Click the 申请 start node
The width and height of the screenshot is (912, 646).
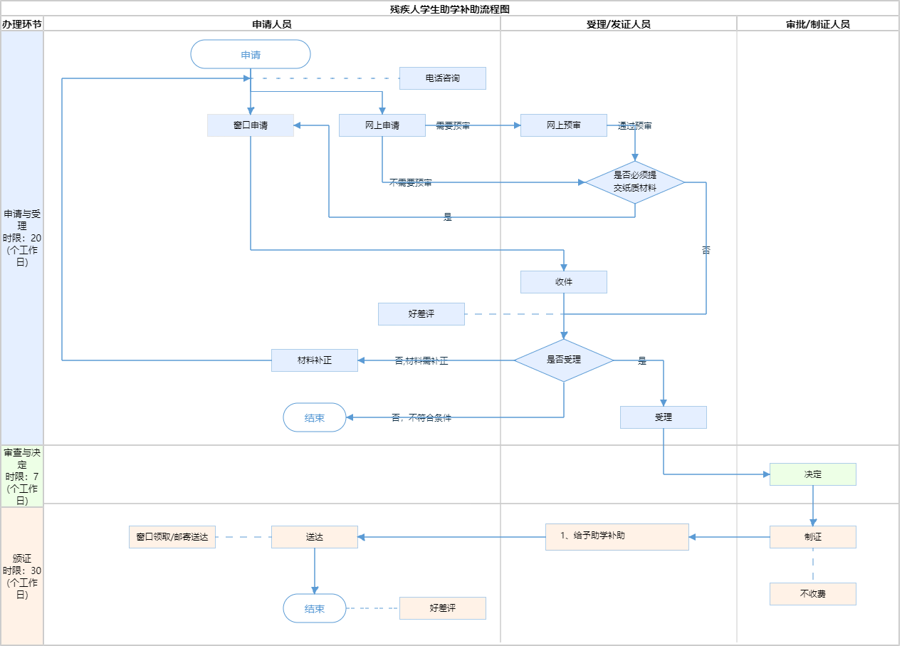[x=251, y=54]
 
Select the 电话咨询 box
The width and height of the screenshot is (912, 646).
[x=442, y=78]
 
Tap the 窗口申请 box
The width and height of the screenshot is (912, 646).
[x=251, y=125]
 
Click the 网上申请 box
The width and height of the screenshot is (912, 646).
[x=382, y=125]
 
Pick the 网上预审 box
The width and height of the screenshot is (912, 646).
[x=564, y=125]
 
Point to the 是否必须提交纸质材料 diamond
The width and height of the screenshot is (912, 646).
[x=635, y=182]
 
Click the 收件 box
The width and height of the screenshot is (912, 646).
[x=564, y=282]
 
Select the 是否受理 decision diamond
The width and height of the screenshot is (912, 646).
[x=564, y=360]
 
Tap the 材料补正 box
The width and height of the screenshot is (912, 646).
[x=315, y=360]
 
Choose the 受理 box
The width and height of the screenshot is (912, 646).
[x=664, y=417]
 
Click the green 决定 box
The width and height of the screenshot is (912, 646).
[x=813, y=474]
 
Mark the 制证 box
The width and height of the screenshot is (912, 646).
[x=813, y=537]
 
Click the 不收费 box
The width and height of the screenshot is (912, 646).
[x=813, y=594]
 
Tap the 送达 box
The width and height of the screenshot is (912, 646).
[x=315, y=537]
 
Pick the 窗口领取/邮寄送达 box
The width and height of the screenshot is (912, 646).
[x=172, y=537]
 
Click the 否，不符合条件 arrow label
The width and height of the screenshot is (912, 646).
[x=421, y=418]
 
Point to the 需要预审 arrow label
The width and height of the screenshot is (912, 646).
[x=453, y=126]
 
